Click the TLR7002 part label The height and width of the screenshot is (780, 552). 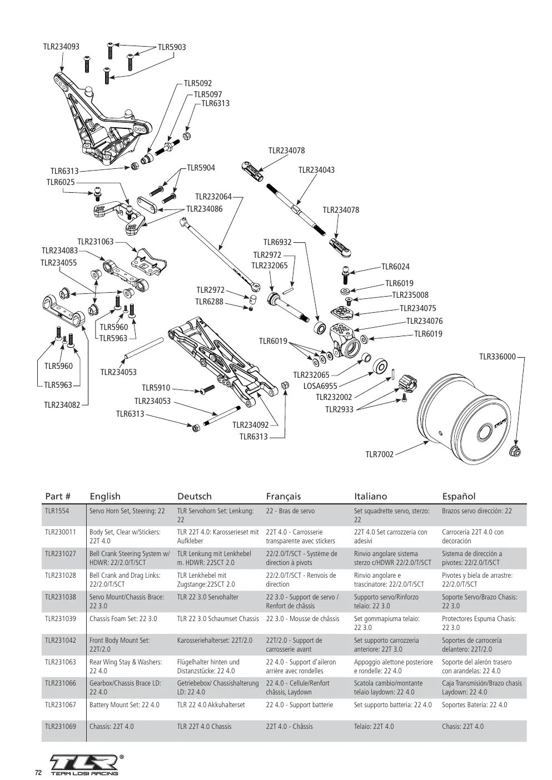pyautogui.click(x=379, y=454)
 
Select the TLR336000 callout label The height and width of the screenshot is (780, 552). pyautogui.click(x=498, y=357)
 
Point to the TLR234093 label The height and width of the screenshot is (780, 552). pyautogui.click(x=61, y=47)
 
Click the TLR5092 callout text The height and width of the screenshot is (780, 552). pyautogui.click(x=198, y=83)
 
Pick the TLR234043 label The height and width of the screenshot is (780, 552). pyautogui.click(x=316, y=170)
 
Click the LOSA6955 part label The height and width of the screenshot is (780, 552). pyautogui.click(x=320, y=386)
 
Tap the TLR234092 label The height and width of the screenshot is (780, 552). pyautogui.click(x=251, y=425)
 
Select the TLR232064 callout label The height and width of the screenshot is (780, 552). pyautogui.click(x=213, y=197)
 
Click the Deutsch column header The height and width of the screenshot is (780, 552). pyautogui.click(x=195, y=496)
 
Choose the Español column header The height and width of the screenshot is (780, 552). pyautogui.click(x=459, y=496)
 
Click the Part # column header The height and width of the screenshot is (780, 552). pyautogui.click(x=58, y=496)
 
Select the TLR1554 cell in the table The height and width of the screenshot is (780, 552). pyautogui.click(x=57, y=511)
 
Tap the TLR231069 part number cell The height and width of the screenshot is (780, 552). pyautogui.click(x=60, y=726)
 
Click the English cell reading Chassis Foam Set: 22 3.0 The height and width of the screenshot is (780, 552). pyautogui.click(x=123, y=618)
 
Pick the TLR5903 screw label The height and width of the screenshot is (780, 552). pyautogui.click(x=172, y=47)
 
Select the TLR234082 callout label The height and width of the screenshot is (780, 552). pyautogui.click(x=62, y=404)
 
